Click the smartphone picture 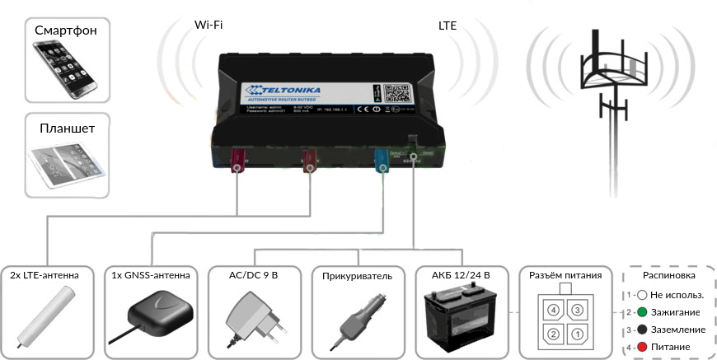[65, 69]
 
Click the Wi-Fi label [209, 25]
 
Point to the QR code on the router [398, 91]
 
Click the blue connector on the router [382, 159]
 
